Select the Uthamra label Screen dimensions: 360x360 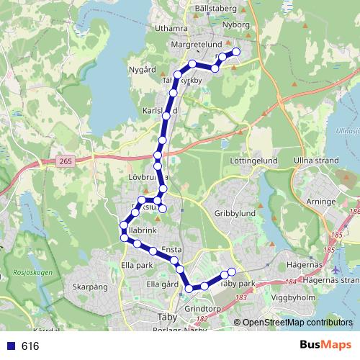(170, 29)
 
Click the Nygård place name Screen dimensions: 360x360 (142, 70)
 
